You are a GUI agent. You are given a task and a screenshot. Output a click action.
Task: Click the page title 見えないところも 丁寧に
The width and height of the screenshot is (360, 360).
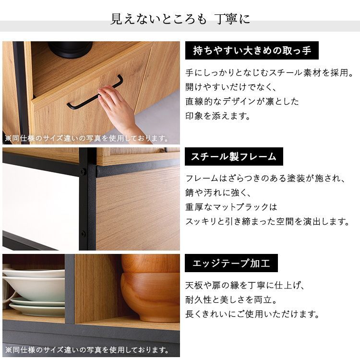[x=180, y=19]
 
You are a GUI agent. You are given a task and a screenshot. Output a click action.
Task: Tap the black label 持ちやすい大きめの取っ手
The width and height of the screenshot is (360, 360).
[x=252, y=50]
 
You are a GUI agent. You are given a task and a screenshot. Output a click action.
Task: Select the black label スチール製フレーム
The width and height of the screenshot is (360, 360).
[x=234, y=156]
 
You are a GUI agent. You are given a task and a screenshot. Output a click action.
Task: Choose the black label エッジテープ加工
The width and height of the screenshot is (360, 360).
[x=231, y=263]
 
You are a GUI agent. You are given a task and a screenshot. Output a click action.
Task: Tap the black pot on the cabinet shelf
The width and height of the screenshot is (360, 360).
[x=70, y=49]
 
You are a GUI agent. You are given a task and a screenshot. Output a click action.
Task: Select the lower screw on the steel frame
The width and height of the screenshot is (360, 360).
[x=83, y=234]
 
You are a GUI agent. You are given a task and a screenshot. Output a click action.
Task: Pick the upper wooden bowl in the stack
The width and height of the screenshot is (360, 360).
[x=150, y=264]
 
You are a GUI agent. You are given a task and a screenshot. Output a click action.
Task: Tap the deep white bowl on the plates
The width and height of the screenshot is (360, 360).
[x=35, y=288]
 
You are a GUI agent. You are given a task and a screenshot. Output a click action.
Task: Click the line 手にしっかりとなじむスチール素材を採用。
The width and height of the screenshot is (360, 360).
[x=269, y=73]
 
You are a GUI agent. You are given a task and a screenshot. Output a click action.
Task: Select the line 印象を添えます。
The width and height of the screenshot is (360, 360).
[x=217, y=116]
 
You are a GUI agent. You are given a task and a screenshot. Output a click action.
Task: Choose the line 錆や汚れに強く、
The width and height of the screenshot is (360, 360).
[x=217, y=192]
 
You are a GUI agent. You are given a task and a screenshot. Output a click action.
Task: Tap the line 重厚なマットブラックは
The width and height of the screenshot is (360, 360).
[x=231, y=207]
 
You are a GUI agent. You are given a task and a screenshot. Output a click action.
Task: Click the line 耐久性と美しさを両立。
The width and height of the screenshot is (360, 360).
[x=231, y=300]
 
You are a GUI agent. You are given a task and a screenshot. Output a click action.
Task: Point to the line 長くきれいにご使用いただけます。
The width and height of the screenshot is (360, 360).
[x=252, y=314]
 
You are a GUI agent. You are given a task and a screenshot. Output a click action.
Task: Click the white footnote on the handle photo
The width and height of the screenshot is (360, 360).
[x=87, y=138]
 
